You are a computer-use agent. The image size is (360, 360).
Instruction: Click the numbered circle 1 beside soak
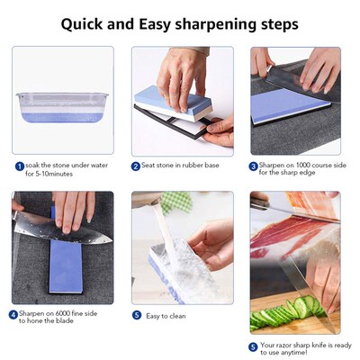click(19, 166)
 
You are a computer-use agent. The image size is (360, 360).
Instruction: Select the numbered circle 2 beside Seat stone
click(136, 166)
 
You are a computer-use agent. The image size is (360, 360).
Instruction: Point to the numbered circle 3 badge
click(254, 166)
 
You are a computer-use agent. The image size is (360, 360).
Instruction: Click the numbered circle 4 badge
click(13, 315)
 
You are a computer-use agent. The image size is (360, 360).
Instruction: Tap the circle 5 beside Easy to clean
click(136, 315)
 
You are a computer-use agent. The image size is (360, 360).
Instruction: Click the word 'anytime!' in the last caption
click(293, 352)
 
